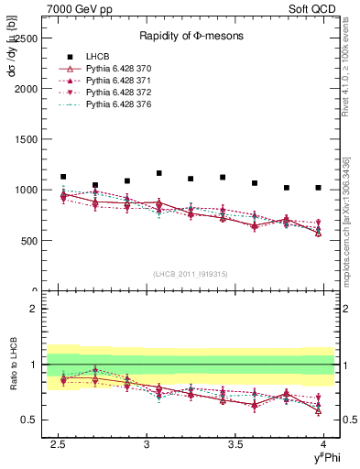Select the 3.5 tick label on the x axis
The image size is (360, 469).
(x=236, y=444)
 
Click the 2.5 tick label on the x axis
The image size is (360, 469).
(x=60, y=444)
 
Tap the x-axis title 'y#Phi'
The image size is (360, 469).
(x=324, y=457)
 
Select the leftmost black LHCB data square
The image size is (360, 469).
(x=63, y=177)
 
